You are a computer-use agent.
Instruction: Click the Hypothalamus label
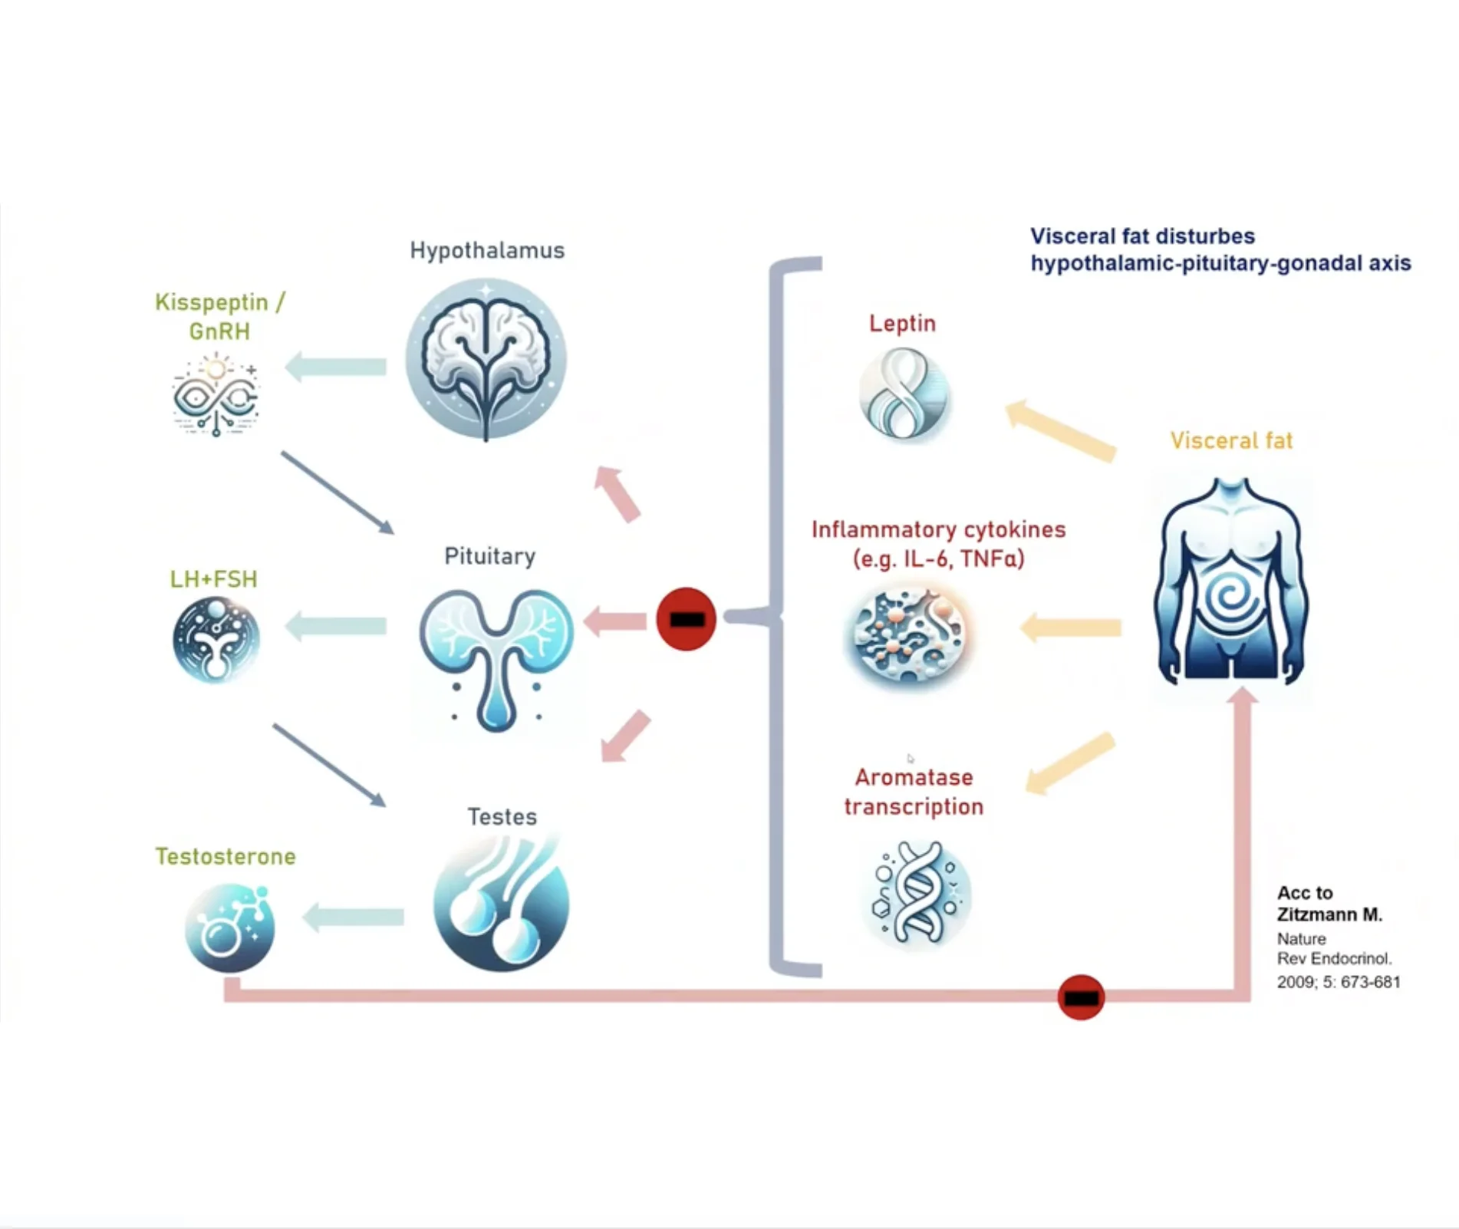[487, 250]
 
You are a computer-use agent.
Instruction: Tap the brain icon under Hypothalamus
[486, 359]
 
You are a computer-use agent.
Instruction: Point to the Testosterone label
[226, 856]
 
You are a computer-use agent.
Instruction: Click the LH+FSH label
[213, 579]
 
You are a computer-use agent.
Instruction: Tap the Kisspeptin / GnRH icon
[216, 394]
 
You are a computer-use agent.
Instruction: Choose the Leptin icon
[904, 394]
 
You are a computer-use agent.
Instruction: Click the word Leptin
[902, 323]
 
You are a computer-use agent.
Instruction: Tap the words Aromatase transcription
[914, 792]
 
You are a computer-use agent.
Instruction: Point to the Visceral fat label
[1231, 440]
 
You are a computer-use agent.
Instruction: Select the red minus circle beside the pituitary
[686, 619]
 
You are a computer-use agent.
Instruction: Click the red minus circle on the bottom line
[1081, 997]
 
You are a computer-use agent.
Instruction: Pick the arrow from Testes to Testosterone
[354, 917]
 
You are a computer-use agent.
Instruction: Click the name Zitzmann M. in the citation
[1329, 914]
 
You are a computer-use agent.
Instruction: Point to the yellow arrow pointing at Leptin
[1061, 431]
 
